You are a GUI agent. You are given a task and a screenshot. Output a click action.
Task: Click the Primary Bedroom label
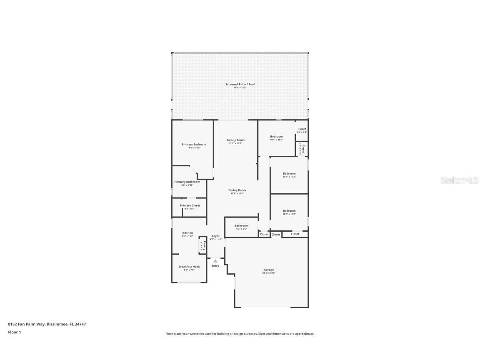coord(194,145)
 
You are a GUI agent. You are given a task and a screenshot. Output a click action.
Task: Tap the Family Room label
coord(235,140)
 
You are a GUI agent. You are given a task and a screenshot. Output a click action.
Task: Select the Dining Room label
coord(237,190)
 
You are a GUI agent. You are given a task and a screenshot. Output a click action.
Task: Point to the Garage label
coord(269,270)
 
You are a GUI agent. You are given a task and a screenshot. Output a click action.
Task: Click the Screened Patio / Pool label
coord(240,84)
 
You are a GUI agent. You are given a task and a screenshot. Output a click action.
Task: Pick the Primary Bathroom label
coord(187,182)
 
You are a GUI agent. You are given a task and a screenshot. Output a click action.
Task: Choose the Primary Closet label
coord(190,205)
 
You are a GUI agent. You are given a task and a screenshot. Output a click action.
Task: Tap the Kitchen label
coord(187,233)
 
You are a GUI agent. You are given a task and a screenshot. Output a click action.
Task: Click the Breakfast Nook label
coord(189,267)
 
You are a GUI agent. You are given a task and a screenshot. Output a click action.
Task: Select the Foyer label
coord(215,236)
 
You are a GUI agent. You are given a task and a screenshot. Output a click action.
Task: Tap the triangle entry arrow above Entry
coord(215,261)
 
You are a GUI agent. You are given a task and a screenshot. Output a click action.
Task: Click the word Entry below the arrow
coord(215,266)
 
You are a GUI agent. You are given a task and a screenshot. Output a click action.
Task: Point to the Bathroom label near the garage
coord(241,225)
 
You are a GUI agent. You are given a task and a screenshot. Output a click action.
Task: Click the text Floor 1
coord(14,332)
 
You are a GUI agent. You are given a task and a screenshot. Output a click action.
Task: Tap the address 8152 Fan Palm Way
coord(47,324)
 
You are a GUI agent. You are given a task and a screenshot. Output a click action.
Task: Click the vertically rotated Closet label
coord(303,149)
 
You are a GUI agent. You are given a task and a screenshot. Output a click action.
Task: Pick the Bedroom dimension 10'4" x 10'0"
coord(276,140)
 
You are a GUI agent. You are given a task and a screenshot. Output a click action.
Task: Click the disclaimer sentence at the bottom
coord(240,334)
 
